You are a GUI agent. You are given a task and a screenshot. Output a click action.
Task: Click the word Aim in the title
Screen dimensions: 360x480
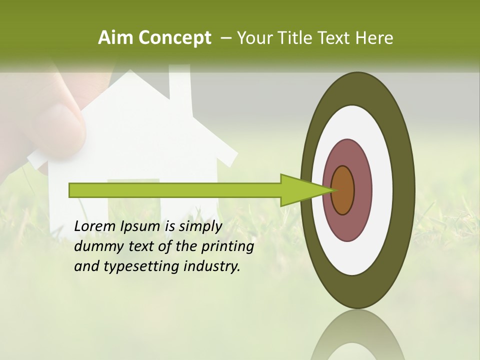point(116,37)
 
